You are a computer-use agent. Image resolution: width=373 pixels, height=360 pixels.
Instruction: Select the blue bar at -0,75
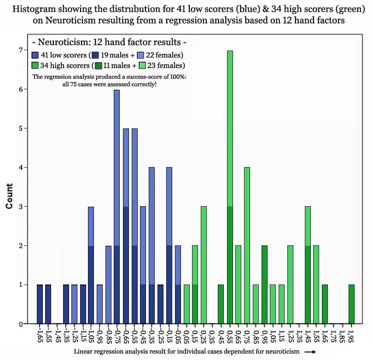coord(117,207)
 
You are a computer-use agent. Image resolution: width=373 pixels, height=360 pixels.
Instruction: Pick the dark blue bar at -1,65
coord(40,304)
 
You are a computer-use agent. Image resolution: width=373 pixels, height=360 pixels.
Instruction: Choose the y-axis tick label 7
coord(20,50)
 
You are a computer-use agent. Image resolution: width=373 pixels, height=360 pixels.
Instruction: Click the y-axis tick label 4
coord(20,168)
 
